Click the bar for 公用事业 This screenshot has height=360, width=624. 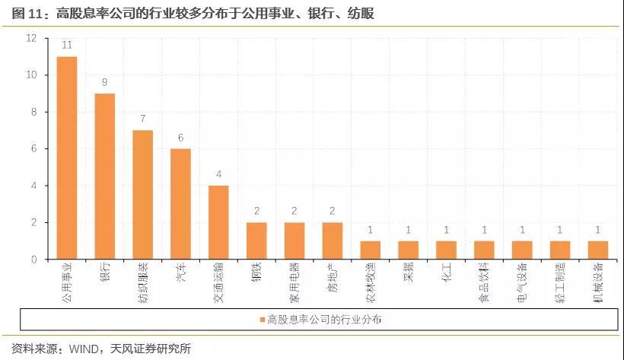coord(67,158)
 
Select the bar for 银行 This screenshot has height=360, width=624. coord(105,177)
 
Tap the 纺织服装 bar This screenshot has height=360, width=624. coord(143,195)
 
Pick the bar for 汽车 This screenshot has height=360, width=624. coord(180,204)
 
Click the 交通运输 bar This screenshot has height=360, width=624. coord(218,222)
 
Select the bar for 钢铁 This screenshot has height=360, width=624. coord(256,241)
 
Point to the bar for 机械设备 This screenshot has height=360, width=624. coord(597,250)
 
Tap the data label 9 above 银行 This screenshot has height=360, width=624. coord(105,82)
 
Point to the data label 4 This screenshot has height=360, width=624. coord(218,174)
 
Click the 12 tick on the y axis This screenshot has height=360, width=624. coord(31,38)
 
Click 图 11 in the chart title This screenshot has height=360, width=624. coord(26,13)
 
